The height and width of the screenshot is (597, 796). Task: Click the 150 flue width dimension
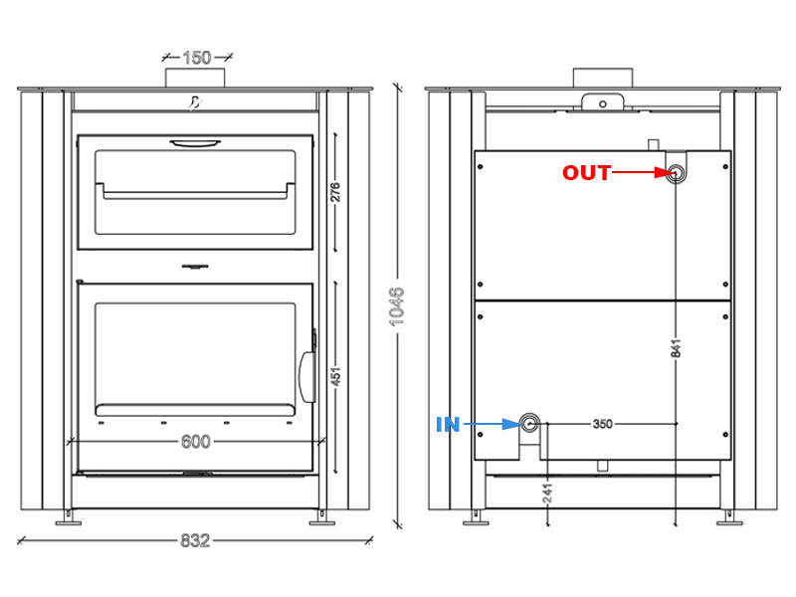196,58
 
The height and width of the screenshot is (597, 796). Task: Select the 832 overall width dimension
195,540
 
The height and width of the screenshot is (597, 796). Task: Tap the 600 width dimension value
195,442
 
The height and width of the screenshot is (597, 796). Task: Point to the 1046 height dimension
396,306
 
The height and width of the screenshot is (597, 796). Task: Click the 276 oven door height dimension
335,192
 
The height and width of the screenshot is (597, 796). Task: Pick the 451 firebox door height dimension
335,377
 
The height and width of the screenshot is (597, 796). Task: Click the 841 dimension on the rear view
676,349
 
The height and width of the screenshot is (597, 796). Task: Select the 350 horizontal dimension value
603,424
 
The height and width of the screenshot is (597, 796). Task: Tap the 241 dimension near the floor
547,494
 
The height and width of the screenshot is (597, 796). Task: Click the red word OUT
586,173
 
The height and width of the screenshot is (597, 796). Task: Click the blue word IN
448,425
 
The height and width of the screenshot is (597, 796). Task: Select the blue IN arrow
493,424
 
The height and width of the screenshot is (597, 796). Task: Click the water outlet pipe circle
676,173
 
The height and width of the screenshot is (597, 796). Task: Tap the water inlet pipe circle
529,423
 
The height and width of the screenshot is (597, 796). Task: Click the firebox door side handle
307,377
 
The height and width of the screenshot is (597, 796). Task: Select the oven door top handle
195,143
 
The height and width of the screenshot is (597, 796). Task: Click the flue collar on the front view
195,79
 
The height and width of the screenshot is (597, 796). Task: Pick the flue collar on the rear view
603,79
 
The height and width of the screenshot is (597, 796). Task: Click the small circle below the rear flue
603,104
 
